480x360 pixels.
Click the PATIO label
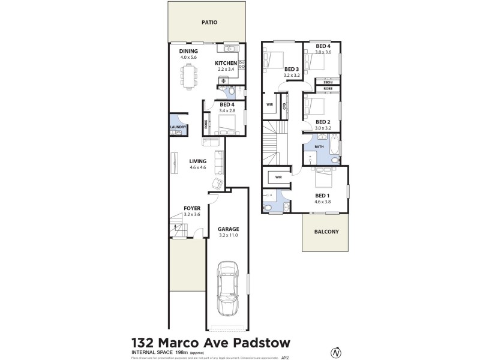pyautogui.click(x=209, y=23)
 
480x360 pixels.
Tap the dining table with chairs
pyautogui.click(x=189, y=76)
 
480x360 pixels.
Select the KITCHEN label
pyautogui.click(x=227, y=62)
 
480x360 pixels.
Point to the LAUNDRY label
pyautogui.click(x=178, y=127)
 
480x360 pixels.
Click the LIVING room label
pyautogui.click(x=197, y=161)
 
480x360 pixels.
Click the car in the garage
pyautogui.click(x=228, y=288)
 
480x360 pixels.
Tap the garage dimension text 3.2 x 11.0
pyautogui.click(x=229, y=236)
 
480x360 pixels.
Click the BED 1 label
pyautogui.click(x=322, y=196)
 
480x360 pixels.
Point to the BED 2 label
pyautogui.click(x=323, y=121)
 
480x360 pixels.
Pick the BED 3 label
pyautogui.click(x=292, y=69)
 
